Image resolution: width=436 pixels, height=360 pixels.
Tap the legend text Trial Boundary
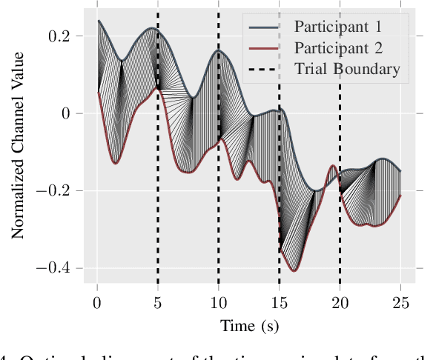[347, 70]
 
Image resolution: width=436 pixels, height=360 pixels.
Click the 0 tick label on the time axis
[97, 303]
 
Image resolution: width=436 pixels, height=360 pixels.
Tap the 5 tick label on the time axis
[158, 303]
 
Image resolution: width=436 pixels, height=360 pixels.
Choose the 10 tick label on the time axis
[219, 303]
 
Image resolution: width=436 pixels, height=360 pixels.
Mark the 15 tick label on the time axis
[279, 303]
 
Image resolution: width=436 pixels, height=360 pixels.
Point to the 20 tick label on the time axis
[340, 303]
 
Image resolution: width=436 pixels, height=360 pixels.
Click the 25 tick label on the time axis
[400, 303]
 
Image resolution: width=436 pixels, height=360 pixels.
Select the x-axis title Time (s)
[248, 325]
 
